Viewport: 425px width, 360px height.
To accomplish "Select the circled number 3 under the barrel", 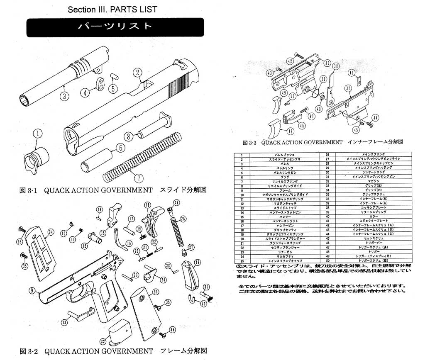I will point(64,97).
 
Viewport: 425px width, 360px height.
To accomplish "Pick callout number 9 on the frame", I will point(31,291).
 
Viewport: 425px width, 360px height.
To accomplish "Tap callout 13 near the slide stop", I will point(64,322).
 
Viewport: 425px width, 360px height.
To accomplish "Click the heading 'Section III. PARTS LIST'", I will point(112,9).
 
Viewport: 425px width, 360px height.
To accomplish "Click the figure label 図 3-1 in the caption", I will point(30,190).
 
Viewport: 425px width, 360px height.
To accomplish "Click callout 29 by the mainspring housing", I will point(198,262).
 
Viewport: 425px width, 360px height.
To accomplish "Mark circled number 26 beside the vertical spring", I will point(183,218).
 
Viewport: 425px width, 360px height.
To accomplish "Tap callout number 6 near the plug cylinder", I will point(120,148).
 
